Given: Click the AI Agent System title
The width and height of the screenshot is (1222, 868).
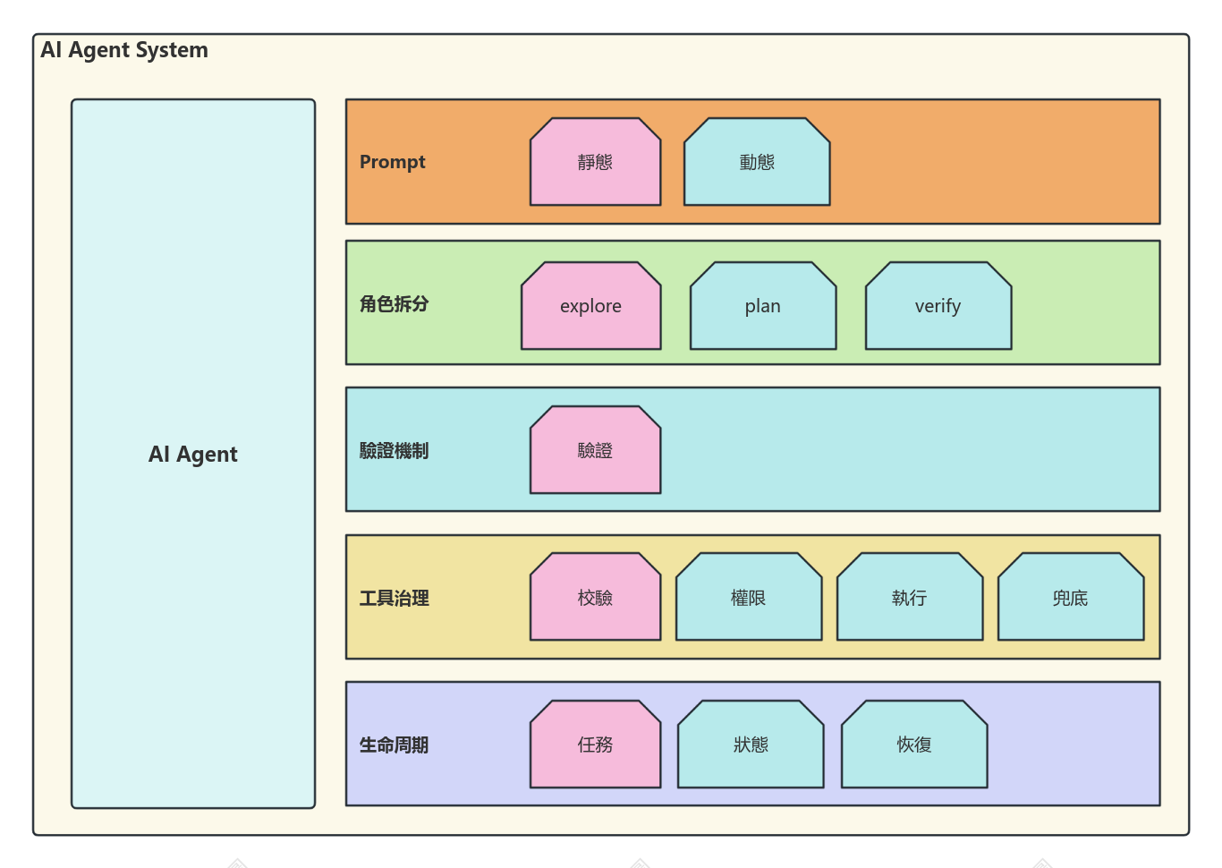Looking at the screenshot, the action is click(x=124, y=50).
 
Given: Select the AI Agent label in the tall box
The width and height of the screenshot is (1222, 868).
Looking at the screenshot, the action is click(x=193, y=454).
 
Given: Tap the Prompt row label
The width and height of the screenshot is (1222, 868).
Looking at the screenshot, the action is click(x=392, y=162).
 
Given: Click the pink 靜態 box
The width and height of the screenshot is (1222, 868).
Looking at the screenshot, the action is click(x=595, y=162).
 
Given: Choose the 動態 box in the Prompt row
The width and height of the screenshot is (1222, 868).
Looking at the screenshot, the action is click(x=757, y=162).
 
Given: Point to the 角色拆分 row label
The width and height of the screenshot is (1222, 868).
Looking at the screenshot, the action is click(x=394, y=304).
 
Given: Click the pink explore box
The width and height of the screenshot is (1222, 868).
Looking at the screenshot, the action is click(x=590, y=306).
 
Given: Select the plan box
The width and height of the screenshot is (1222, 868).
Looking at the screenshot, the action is click(x=763, y=306).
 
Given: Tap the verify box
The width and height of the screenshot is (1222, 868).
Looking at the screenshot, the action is click(x=938, y=306).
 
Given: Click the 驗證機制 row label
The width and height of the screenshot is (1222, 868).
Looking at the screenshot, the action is click(x=394, y=451).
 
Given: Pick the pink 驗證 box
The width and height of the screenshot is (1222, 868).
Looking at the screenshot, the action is click(x=595, y=450).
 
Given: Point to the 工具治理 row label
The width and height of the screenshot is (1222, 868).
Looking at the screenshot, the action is click(x=394, y=598).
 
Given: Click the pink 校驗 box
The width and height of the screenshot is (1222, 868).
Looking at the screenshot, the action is click(x=595, y=597).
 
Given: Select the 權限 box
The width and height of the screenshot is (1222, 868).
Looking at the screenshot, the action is click(x=749, y=597).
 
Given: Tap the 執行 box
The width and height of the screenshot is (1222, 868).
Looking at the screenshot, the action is click(x=910, y=597).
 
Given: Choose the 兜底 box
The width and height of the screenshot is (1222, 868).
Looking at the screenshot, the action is click(x=1071, y=597).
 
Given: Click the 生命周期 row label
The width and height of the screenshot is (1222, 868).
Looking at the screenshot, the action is click(x=394, y=745).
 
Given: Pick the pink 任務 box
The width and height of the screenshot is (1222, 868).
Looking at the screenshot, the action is click(x=595, y=745).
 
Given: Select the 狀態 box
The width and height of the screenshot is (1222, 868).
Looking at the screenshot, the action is click(x=751, y=745).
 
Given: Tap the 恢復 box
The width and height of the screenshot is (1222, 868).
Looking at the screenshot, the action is click(x=914, y=745).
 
